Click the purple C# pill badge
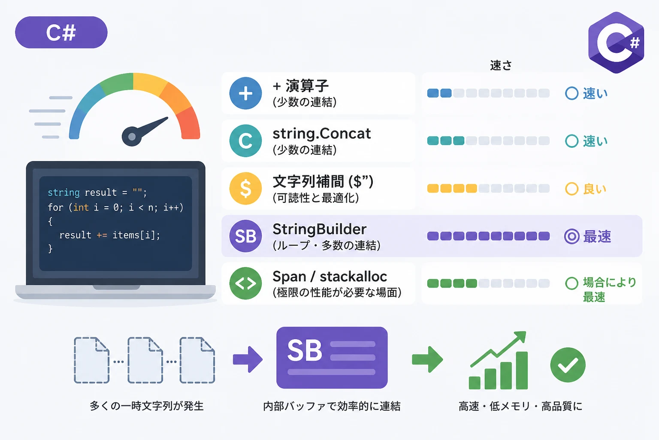click(x=61, y=32)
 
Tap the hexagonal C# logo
click(x=616, y=43)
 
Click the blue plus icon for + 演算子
click(x=245, y=93)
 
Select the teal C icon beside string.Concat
click(x=245, y=141)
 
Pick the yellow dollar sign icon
click(x=245, y=188)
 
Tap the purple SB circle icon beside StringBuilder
click(x=245, y=236)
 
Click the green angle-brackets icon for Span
click(x=245, y=283)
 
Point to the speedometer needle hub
click(x=132, y=137)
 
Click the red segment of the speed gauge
click(x=189, y=124)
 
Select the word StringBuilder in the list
click(x=320, y=229)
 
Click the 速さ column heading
click(x=501, y=65)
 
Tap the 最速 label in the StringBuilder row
click(x=597, y=236)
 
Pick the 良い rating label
click(x=595, y=189)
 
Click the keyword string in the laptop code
click(x=63, y=193)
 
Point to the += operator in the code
click(x=102, y=235)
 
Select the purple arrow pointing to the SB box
click(x=248, y=359)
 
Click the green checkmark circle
click(x=568, y=365)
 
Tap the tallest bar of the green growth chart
click(x=522, y=370)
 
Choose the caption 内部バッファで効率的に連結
click(x=332, y=406)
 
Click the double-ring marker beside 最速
click(x=572, y=236)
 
